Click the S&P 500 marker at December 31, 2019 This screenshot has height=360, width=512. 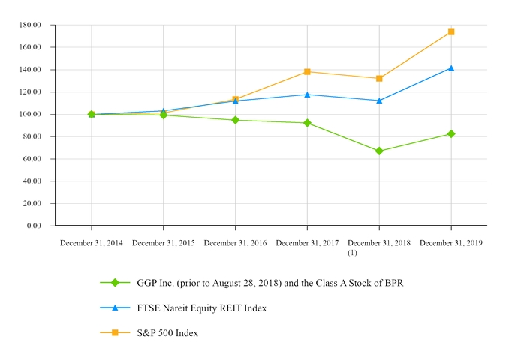pyautogui.click(x=451, y=32)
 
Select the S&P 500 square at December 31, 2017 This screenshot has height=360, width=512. pyautogui.click(x=307, y=72)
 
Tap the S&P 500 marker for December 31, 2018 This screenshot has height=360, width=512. pyautogui.click(x=379, y=79)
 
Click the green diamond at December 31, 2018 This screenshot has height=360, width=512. pyautogui.click(x=379, y=151)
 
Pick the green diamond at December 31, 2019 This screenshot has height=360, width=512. pyautogui.click(x=451, y=134)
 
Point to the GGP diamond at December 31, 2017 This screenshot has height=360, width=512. pyautogui.click(x=307, y=123)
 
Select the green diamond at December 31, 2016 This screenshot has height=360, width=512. pyautogui.click(x=236, y=120)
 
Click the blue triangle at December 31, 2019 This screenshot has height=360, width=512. pyautogui.click(x=451, y=68)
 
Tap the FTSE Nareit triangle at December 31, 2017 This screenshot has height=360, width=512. pyautogui.click(x=307, y=94)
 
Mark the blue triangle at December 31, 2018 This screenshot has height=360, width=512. pyautogui.click(x=379, y=100)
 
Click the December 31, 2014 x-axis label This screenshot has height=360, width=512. pyautogui.click(x=92, y=243)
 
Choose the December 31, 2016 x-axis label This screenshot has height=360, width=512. pyautogui.click(x=235, y=243)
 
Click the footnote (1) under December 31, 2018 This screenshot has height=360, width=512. pyautogui.click(x=353, y=253)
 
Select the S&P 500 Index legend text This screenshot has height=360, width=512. pyautogui.click(x=167, y=332)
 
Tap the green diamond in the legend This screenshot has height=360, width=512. pyautogui.click(x=115, y=283)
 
